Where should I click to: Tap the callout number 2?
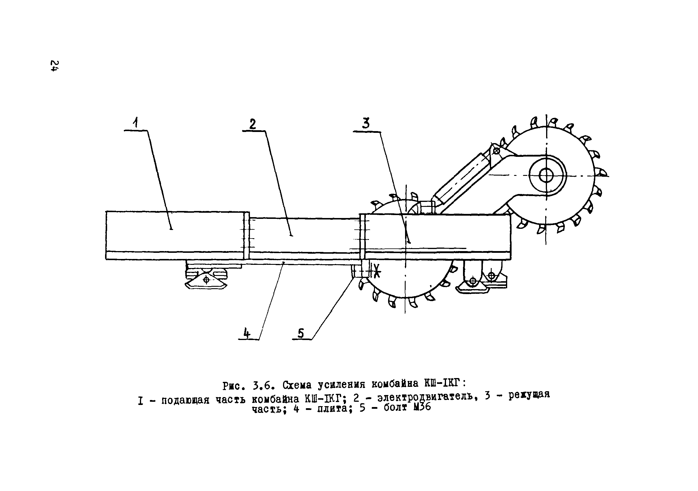pos(253,124)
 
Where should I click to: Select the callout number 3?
pos(366,123)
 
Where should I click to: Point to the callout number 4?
pos(247,334)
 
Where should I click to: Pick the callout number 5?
pos(300,334)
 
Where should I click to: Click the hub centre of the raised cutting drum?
pos(546,176)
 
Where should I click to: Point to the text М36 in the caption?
pos(422,407)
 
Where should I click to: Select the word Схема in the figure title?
pos(297,385)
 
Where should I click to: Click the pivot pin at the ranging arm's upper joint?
pos(496,150)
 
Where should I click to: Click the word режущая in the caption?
pos(529,395)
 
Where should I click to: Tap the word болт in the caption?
pos(395,407)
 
